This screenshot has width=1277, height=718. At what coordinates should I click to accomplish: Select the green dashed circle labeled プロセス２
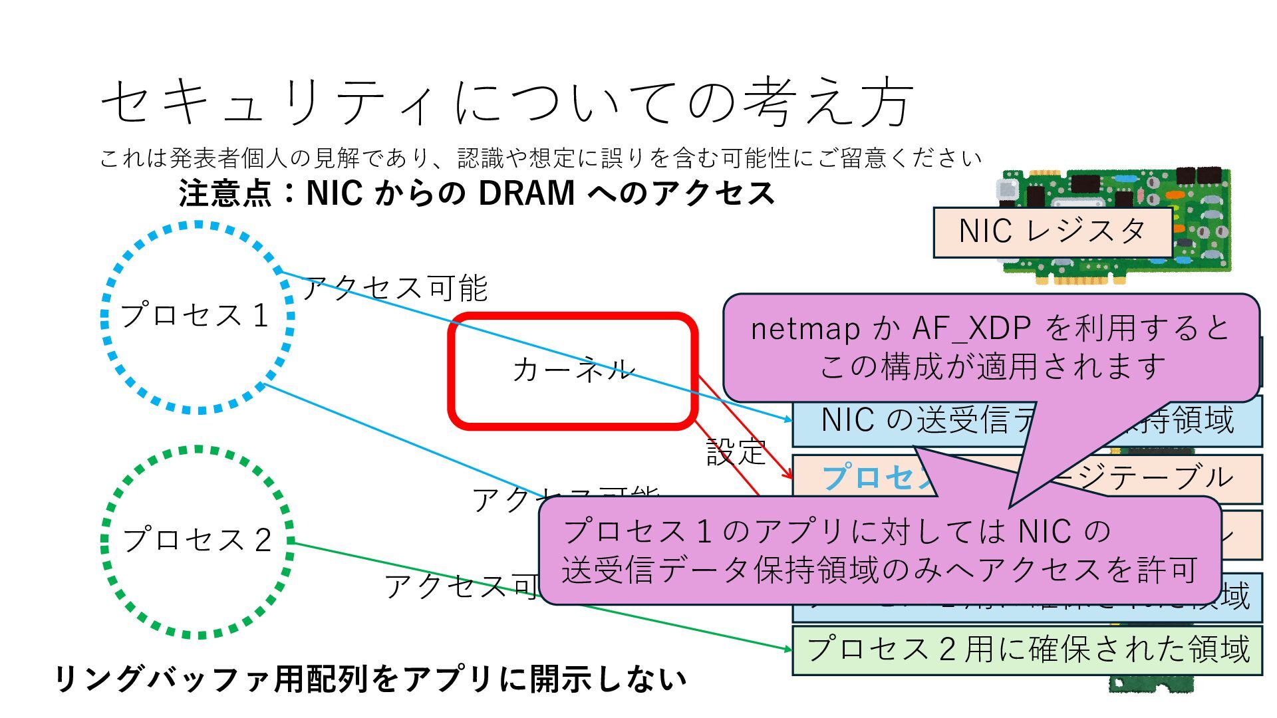tap(197, 541)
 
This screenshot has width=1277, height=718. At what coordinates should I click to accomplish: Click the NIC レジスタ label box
tap(1052, 232)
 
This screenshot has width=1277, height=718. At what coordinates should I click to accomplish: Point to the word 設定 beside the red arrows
tap(736, 453)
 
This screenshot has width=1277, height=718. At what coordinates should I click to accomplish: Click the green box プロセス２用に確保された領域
tap(1027, 650)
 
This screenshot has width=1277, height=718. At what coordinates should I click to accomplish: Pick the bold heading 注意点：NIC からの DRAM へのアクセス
tap(476, 193)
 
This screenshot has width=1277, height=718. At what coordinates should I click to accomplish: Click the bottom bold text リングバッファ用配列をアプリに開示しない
tap(370, 679)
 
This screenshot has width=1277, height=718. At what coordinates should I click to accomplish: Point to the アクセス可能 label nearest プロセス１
tap(395, 288)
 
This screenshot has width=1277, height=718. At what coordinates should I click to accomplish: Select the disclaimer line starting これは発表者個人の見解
tap(540, 158)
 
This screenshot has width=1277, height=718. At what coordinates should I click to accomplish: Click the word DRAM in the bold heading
tap(526, 193)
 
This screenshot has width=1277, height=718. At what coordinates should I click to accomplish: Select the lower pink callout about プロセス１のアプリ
tap(879, 550)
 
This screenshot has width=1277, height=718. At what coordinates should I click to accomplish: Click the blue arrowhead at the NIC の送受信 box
tap(788, 419)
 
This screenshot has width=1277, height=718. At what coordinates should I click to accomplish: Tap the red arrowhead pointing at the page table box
tap(789, 475)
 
